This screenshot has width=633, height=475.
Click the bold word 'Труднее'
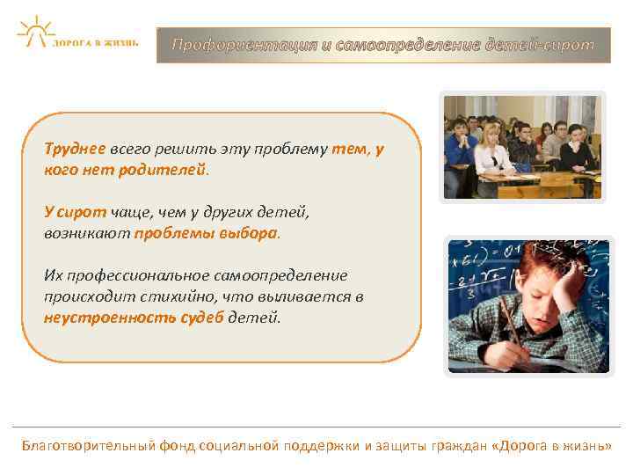[75, 150]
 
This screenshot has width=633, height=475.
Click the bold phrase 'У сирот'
[75, 212]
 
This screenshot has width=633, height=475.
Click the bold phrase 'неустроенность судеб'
[134, 318]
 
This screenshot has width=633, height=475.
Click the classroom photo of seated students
[522, 148]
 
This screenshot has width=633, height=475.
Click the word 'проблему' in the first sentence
[295, 150]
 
